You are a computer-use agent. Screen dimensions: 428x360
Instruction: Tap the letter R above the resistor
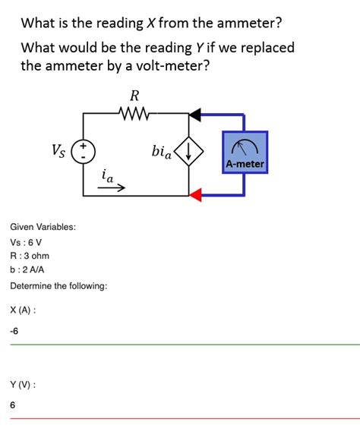pos(135,97)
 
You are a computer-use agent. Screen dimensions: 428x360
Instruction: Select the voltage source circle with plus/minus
pos(82,151)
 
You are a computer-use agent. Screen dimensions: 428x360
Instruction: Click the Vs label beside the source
pos(58,149)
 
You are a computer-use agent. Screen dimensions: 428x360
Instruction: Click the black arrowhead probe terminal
pos(195,115)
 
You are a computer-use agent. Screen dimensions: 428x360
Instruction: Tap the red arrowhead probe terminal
pos(195,195)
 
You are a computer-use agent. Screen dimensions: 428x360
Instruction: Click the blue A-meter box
pos(245,152)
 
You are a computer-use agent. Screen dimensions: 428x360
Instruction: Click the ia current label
pos(109,176)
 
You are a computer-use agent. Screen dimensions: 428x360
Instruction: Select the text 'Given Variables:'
pos(43,227)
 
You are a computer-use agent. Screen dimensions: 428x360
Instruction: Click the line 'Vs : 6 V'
pos(27,242)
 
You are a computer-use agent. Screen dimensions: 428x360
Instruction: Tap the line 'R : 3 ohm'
pos(30,256)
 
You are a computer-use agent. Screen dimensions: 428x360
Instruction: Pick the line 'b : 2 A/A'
pos(28,269)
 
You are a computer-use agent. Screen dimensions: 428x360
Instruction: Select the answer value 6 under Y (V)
pos(13,405)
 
